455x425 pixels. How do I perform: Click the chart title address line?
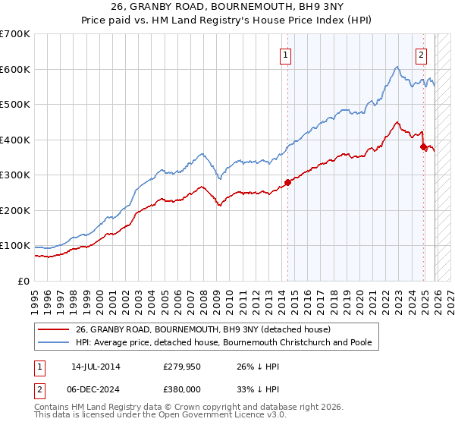click(227, 7)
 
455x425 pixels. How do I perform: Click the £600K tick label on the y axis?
click(14, 69)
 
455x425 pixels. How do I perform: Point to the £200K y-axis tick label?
click(14, 210)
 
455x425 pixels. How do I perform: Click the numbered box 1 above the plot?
click(286, 55)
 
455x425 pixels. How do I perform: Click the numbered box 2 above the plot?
click(421, 55)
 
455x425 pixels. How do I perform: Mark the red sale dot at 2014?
click(287, 182)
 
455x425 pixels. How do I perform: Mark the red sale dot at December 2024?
click(423, 146)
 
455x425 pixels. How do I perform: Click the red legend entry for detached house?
click(202, 330)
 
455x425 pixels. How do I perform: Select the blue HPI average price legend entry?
click(223, 343)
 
